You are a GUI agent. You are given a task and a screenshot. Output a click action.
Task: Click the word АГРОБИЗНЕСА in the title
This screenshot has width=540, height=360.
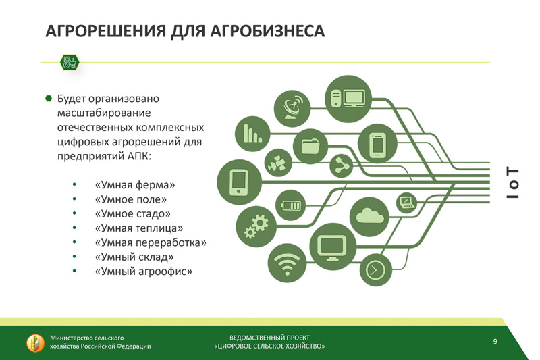267,31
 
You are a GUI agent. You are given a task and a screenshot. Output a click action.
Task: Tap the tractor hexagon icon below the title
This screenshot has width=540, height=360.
70,63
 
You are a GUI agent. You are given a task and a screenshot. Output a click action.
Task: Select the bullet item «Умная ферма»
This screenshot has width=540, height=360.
134,185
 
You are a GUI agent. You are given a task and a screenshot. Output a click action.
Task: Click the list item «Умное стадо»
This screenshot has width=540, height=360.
132,214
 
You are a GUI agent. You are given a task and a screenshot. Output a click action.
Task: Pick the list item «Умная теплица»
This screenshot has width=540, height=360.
139,228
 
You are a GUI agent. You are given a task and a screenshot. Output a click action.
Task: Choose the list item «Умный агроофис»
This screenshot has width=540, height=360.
143,272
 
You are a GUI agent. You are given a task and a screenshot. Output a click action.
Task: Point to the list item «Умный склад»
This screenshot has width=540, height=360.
134,257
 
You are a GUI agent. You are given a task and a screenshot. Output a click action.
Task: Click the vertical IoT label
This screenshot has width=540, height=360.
512,182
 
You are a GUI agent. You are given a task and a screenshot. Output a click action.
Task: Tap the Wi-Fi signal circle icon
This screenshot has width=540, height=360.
287,263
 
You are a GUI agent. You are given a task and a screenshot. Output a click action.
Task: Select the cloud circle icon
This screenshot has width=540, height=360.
369,216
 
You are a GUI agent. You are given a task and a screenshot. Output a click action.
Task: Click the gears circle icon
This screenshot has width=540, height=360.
256,227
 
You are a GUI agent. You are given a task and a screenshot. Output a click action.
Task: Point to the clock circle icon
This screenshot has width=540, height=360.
376,269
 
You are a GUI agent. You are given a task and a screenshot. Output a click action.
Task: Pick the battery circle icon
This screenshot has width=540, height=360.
291,205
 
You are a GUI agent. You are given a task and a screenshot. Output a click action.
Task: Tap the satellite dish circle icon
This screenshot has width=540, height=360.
292,109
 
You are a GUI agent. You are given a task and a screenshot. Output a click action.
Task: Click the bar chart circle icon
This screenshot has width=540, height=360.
252,134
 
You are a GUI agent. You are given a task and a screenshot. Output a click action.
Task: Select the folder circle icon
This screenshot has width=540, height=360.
310,147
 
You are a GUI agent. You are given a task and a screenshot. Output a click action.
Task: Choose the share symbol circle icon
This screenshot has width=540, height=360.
342,166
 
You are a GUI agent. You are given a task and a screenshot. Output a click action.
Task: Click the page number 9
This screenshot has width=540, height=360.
495,341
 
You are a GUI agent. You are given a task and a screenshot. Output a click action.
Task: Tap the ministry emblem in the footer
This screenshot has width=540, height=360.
36,342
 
